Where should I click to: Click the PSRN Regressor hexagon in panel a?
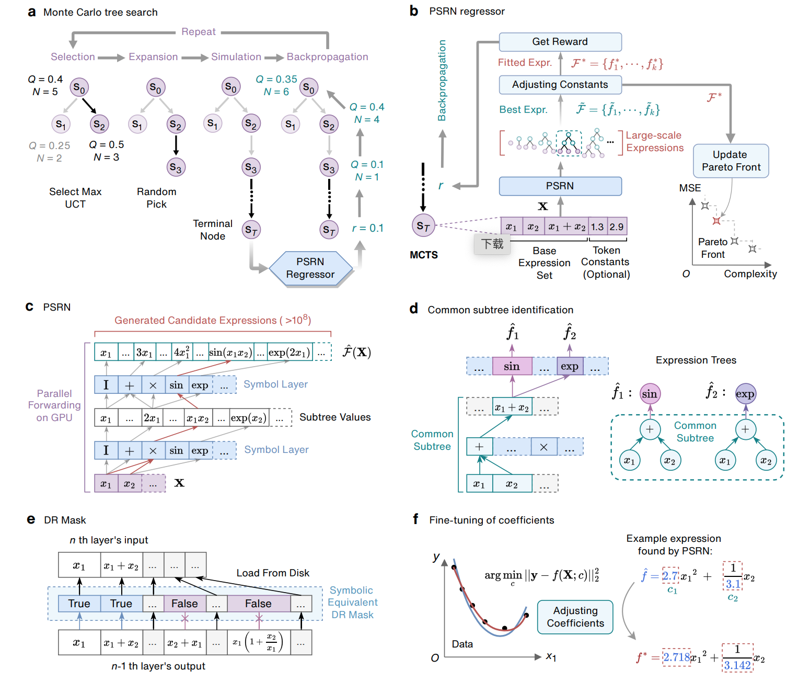pos(310,268)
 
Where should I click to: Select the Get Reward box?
pos(560,42)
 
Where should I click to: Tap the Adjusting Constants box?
pos(560,85)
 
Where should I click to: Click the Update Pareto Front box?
pos(731,161)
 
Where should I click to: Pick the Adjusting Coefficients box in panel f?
pos(575,617)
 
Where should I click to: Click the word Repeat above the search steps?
pos(199,32)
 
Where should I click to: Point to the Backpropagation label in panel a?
pos(327,57)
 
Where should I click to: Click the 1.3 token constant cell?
pos(597,227)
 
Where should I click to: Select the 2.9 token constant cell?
pos(617,227)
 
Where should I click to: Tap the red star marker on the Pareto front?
pos(716,221)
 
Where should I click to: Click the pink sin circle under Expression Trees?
pos(650,394)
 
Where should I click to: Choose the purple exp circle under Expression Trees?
pos(745,394)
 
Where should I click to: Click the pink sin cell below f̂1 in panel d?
pos(512,367)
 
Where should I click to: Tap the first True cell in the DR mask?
pos(79,604)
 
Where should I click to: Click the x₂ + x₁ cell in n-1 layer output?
pos(184,643)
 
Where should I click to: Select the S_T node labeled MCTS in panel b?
pos(423,226)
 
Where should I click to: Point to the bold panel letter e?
pos(31,519)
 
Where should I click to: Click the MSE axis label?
pos(690,188)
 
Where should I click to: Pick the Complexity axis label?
pos(750,274)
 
